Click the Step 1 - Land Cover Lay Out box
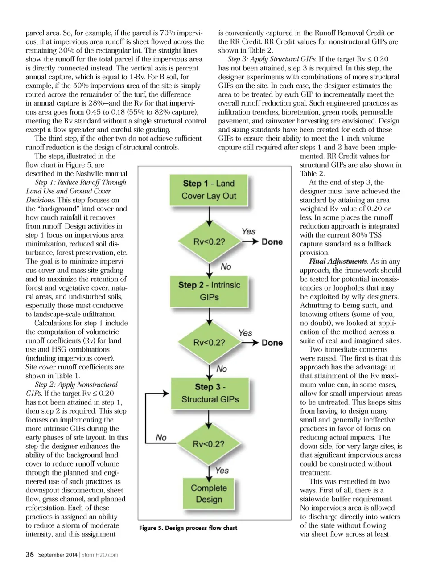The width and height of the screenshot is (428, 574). tap(209, 190)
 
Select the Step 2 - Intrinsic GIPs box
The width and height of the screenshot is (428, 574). tap(209, 291)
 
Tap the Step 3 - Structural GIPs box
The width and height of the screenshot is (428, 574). tap(210, 393)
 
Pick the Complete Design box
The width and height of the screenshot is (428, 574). tap(209, 493)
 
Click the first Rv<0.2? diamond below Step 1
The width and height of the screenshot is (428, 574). tap(209, 242)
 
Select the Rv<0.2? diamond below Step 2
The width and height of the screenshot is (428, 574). tap(209, 342)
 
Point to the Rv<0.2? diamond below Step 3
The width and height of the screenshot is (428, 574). tap(209, 444)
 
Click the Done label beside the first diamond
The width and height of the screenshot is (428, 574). tap(272, 242)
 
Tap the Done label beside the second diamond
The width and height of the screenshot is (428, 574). tap(272, 343)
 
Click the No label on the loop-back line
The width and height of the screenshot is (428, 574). tap(161, 438)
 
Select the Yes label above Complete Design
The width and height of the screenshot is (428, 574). tap(222, 471)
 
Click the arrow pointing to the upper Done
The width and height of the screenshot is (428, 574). tap(251, 242)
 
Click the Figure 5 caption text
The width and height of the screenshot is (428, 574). tap(188, 528)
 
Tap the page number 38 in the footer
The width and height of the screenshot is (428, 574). tap(29, 554)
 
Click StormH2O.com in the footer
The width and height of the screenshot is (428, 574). tap(100, 555)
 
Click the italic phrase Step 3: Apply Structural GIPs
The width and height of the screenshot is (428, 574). tap(272, 59)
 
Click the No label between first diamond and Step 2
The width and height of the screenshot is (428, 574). tap(226, 266)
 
